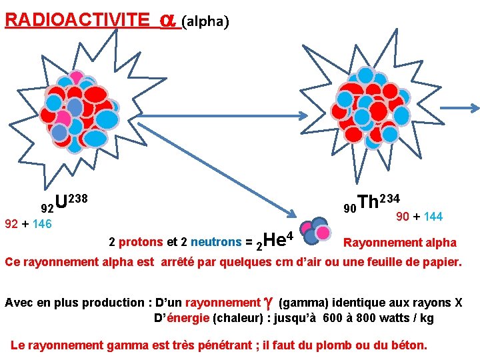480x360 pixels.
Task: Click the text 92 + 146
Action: (28, 224)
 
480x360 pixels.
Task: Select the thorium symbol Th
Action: (369, 202)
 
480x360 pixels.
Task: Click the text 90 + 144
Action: (419, 217)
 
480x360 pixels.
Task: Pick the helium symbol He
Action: (275, 239)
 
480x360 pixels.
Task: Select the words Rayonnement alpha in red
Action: (400, 243)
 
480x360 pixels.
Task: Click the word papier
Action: (441, 262)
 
